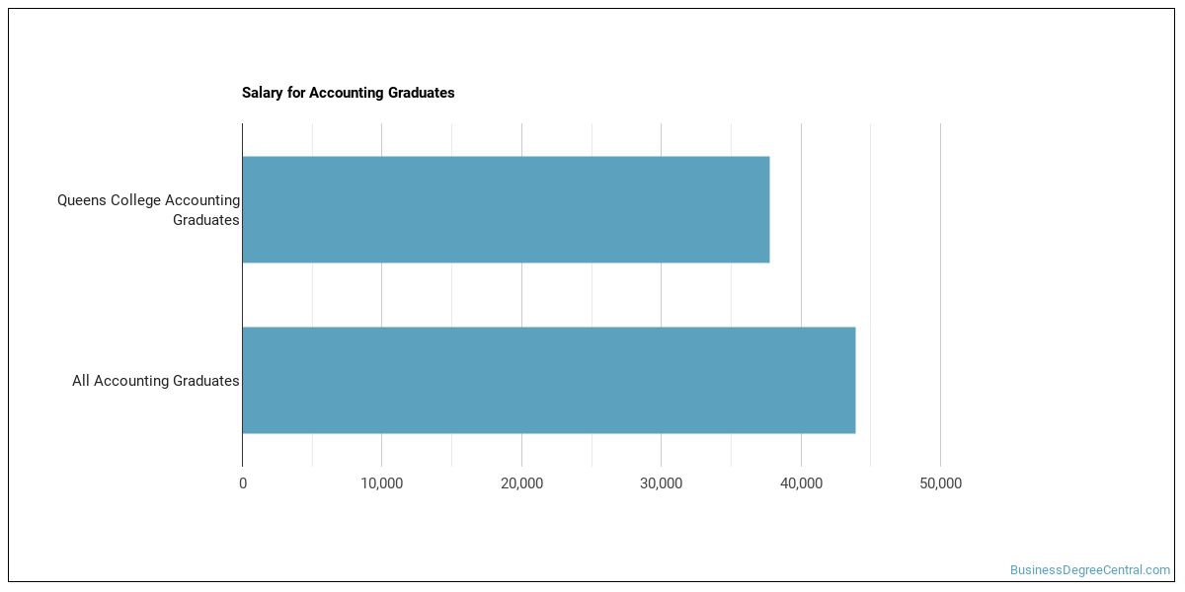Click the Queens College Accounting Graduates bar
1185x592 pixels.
coord(506,209)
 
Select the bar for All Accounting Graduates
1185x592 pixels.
coord(548,380)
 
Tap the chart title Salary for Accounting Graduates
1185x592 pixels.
coord(348,93)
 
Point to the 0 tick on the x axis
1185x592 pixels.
coord(243,483)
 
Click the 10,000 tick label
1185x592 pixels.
coord(382,483)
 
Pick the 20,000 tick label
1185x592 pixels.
coord(521,483)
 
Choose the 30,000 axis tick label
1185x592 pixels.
coord(662,483)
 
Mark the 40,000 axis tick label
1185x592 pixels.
coord(801,483)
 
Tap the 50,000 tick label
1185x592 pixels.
coord(940,483)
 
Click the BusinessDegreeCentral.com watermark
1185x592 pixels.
coord(1089,570)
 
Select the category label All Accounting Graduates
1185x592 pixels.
coord(156,381)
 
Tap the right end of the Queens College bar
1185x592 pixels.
coord(767,209)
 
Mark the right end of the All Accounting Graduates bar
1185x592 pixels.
coord(853,380)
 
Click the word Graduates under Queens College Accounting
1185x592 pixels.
coord(205,220)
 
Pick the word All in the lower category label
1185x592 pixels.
coord(81,381)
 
